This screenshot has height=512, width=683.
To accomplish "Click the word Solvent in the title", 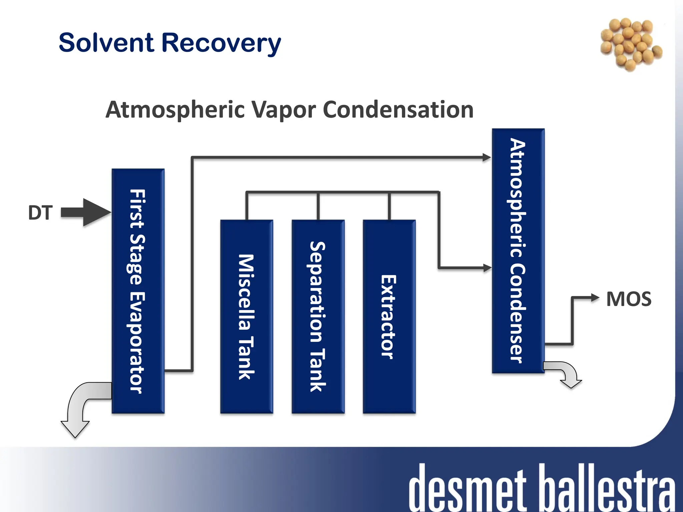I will coord(106,43).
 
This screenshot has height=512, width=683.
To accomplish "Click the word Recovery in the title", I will coord(221,43).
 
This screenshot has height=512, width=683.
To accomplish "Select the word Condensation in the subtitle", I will coord(398,110).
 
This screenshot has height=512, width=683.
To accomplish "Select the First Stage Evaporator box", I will coord(138,291).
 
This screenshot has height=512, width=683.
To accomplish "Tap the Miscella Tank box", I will coord(246,317).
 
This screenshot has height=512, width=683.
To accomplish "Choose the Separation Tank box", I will coord(318,317).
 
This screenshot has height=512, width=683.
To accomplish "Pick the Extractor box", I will coord(389,317).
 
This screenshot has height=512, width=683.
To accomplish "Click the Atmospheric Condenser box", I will coord(518,251).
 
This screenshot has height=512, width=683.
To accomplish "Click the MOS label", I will coord(629,299).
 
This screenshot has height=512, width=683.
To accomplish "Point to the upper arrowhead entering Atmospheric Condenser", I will coord(487,157).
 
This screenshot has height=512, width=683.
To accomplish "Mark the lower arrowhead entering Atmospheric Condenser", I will coord(487,267).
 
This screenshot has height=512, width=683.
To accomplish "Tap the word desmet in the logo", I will coord(467,488).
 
